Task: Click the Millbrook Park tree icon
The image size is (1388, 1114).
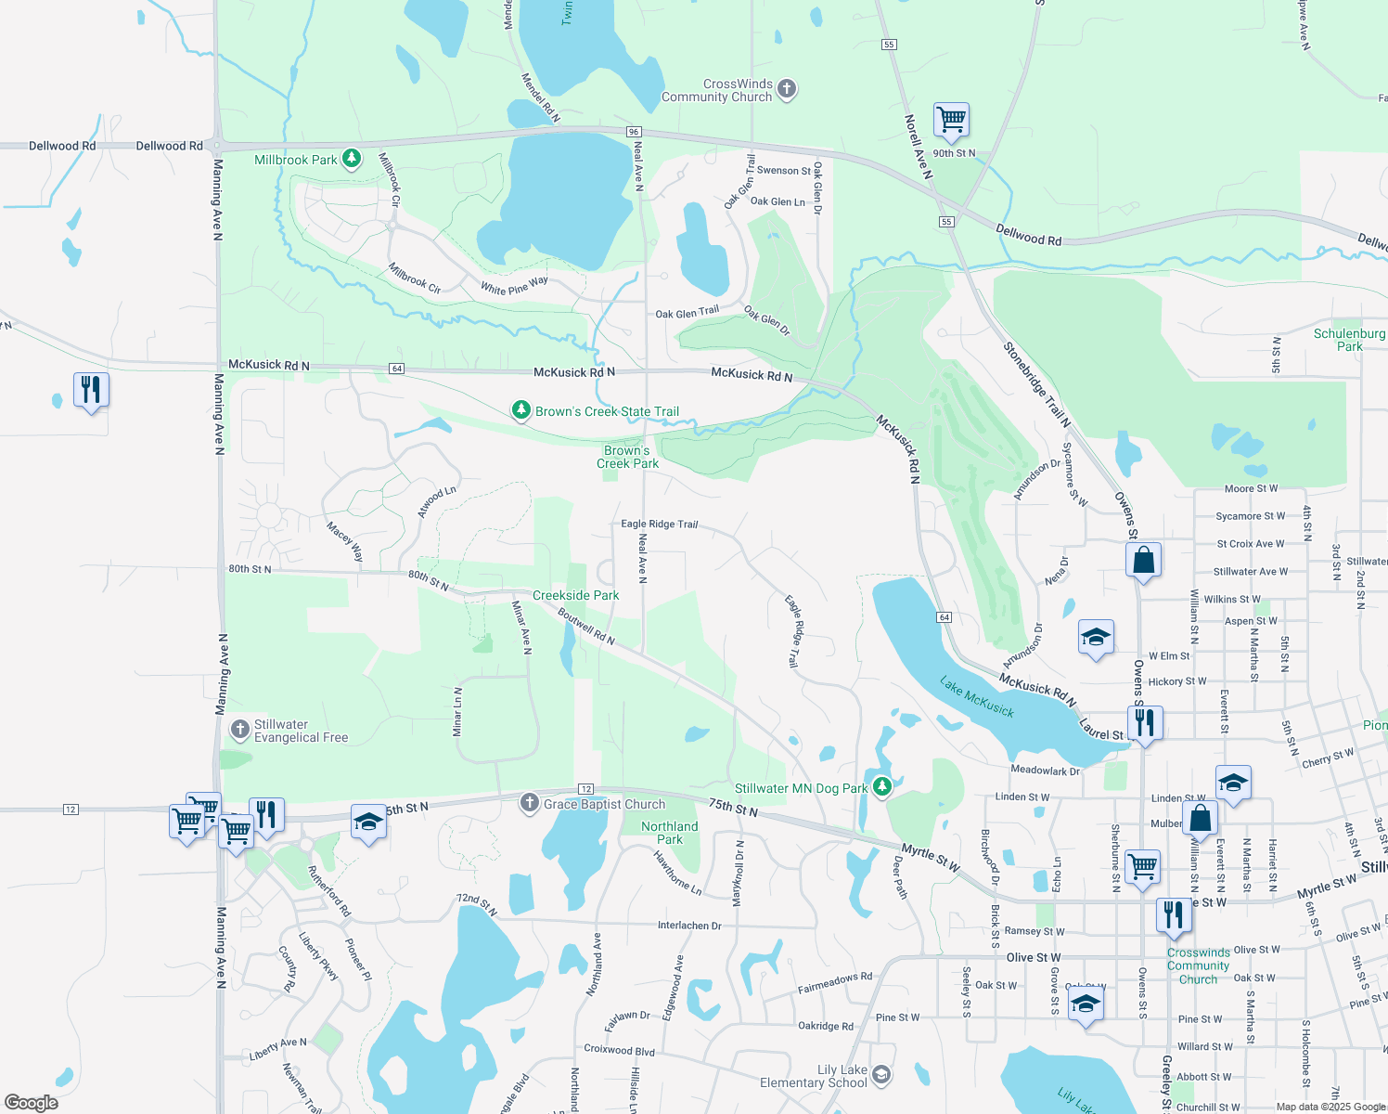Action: pyautogui.click(x=351, y=159)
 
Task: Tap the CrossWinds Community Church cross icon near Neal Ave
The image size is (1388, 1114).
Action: pyautogui.click(x=787, y=89)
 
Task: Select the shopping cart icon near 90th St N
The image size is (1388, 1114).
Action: pyautogui.click(x=951, y=119)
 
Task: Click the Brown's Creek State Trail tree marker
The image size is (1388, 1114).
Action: pyautogui.click(x=521, y=410)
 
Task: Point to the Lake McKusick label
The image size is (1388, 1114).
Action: pyautogui.click(x=977, y=697)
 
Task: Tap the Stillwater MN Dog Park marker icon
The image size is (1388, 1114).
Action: pyautogui.click(x=882, y=787)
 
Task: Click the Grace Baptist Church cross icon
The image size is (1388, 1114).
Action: pyautogui.click(x=529, y=803)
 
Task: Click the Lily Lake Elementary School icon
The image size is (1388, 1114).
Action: pyautogui.click(x=881, y=1075)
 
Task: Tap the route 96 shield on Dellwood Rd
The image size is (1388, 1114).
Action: pyautogui.click(x=634, y=132)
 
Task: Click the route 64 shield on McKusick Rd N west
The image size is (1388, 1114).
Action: pyautogui.click(x=397, y=369)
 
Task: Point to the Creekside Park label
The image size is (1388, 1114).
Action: pyautogui.click(x=575, y=595)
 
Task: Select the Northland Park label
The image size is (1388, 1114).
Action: pyautogui.click(x=669, y=833)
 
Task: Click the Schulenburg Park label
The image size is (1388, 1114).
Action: pyautogui.click(x=1349, y=340)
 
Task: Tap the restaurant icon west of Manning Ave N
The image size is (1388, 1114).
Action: pyautogui.click(x=91, y=390)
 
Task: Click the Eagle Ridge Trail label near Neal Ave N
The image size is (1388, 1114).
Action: pyautogui.click(x=659, y=524)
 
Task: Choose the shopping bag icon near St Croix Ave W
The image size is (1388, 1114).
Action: pyautogui.click(x=1143, y=561)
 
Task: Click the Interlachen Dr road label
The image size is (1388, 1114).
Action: pyautogui.click(x=689, y=926)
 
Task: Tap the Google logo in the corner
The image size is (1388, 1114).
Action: pyautogui.click(x=31, y=1102)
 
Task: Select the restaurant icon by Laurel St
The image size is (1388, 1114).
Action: pyautogui.click(x=1145, y=723)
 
